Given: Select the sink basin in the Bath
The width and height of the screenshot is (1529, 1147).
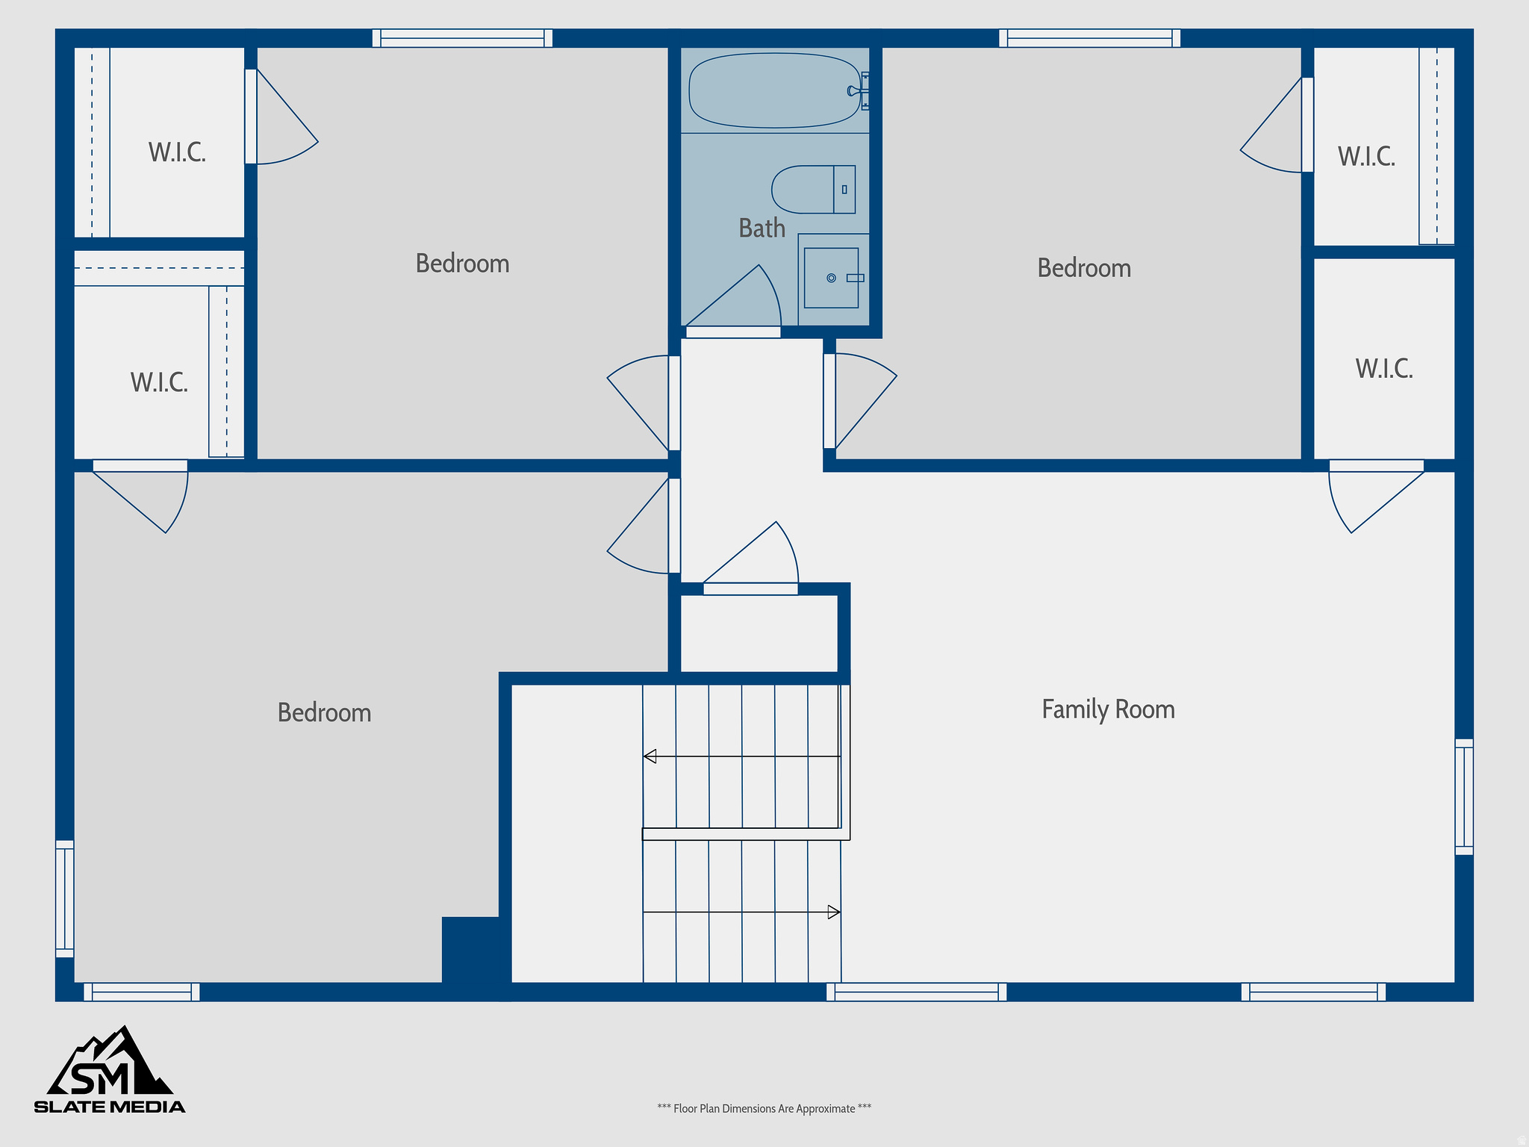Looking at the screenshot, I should pyautogui.click(x=831, y=278).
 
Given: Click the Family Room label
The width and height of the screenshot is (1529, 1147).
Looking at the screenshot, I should pyautogui.click(x=1108, y=709).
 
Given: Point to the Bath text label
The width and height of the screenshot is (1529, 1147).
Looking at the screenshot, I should pyautogui.click(x=762, y=229).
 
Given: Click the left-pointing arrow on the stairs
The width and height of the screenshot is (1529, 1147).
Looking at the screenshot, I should pyautogui.click(x=650, y=756).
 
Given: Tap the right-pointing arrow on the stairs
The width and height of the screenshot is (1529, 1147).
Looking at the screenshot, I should pyautogui.click(x=834, y=912).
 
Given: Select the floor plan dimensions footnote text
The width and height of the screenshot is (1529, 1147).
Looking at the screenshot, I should pyautogui.click(x=764, y=1109).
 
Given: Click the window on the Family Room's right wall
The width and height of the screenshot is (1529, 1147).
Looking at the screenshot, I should pyautogui.click(x=1464, y=797).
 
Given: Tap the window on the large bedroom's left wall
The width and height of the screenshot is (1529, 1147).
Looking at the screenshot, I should pyautogui.click(x=65, y=898).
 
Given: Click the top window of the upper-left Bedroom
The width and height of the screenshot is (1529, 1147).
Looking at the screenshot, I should pyautogui.click(x=462, y=38).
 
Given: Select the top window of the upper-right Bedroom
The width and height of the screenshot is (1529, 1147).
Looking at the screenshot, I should pyautogui.click(x=1089, y=38).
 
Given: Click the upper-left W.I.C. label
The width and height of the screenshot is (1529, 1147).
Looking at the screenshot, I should pyautogui.click(x=177, y=153).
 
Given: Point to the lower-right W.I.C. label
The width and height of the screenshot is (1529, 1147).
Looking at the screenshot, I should pyautogui.click(x=1384, y=369).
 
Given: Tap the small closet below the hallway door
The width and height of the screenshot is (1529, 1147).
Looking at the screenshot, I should pyautogui.click(x=759, y=633).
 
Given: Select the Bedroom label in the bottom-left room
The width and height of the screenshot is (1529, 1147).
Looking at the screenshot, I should pyautogui.click(x=324, y=713).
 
